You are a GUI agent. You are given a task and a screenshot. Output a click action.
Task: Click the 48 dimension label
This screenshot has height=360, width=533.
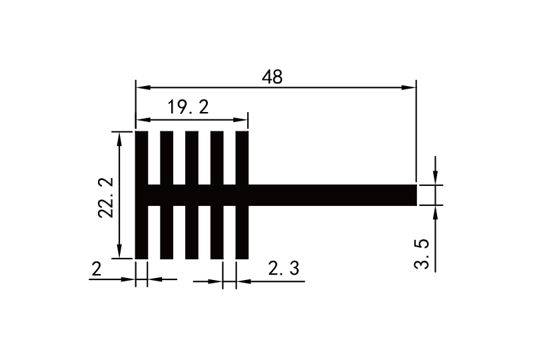tap(272, 77)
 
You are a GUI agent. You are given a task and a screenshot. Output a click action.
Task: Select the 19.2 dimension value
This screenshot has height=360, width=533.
tap(188, 108)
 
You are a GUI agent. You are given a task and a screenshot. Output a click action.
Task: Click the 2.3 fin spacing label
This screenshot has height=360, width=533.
tap(283, 269)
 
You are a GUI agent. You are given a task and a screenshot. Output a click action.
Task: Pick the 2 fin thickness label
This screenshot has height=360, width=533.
tap(97, 269)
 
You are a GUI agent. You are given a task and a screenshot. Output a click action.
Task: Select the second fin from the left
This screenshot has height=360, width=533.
tap(167, 160)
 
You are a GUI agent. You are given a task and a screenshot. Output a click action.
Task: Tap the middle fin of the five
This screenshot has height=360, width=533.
tap(192, 160)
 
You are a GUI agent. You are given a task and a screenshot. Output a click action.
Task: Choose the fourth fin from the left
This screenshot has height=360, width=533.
tap(217, 160)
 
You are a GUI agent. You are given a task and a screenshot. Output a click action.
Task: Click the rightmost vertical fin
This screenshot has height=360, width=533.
tap(241, 160)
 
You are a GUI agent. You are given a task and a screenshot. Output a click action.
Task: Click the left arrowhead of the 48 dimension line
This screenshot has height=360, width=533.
tap(141, 87)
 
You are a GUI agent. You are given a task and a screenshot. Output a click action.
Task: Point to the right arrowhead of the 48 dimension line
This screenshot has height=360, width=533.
tap(411, 87)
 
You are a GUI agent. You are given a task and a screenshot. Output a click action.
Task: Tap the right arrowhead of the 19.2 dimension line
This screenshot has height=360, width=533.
tap(243, 120)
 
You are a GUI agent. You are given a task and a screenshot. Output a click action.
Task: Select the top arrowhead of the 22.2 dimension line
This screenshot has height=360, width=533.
tap(120, 137)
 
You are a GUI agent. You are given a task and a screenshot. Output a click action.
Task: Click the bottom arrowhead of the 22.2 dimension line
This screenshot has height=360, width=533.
tap(120, 253)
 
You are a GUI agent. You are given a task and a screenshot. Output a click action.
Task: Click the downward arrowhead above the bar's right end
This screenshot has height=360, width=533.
tap(435, 178)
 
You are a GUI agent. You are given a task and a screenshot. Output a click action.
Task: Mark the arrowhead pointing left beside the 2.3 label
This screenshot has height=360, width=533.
tap(241, 281)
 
